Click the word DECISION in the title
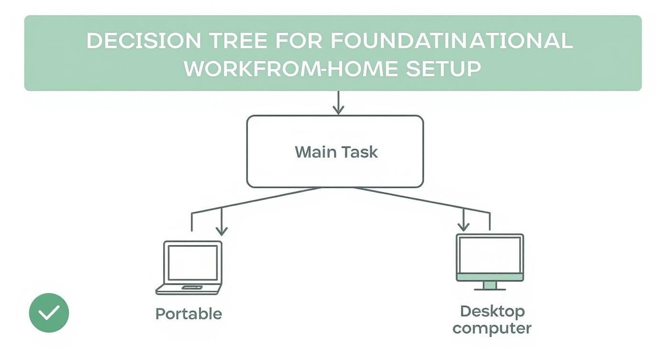(x=144, y=41)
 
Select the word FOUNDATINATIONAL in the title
(x=451, y=41)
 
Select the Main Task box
(x=335, y=151)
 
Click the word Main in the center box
(x=313, y=152)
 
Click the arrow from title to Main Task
(x=338, y=102)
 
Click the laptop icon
(x=189, y=268)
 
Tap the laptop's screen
(x=192, y=262)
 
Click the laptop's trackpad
(x=192, y=287)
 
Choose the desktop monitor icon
(x=490, y=261)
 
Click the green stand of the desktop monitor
(x=490, y=285)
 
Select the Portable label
(x=189, y=314)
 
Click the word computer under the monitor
(x=492, y=328)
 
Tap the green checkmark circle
(x=49, y=313)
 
